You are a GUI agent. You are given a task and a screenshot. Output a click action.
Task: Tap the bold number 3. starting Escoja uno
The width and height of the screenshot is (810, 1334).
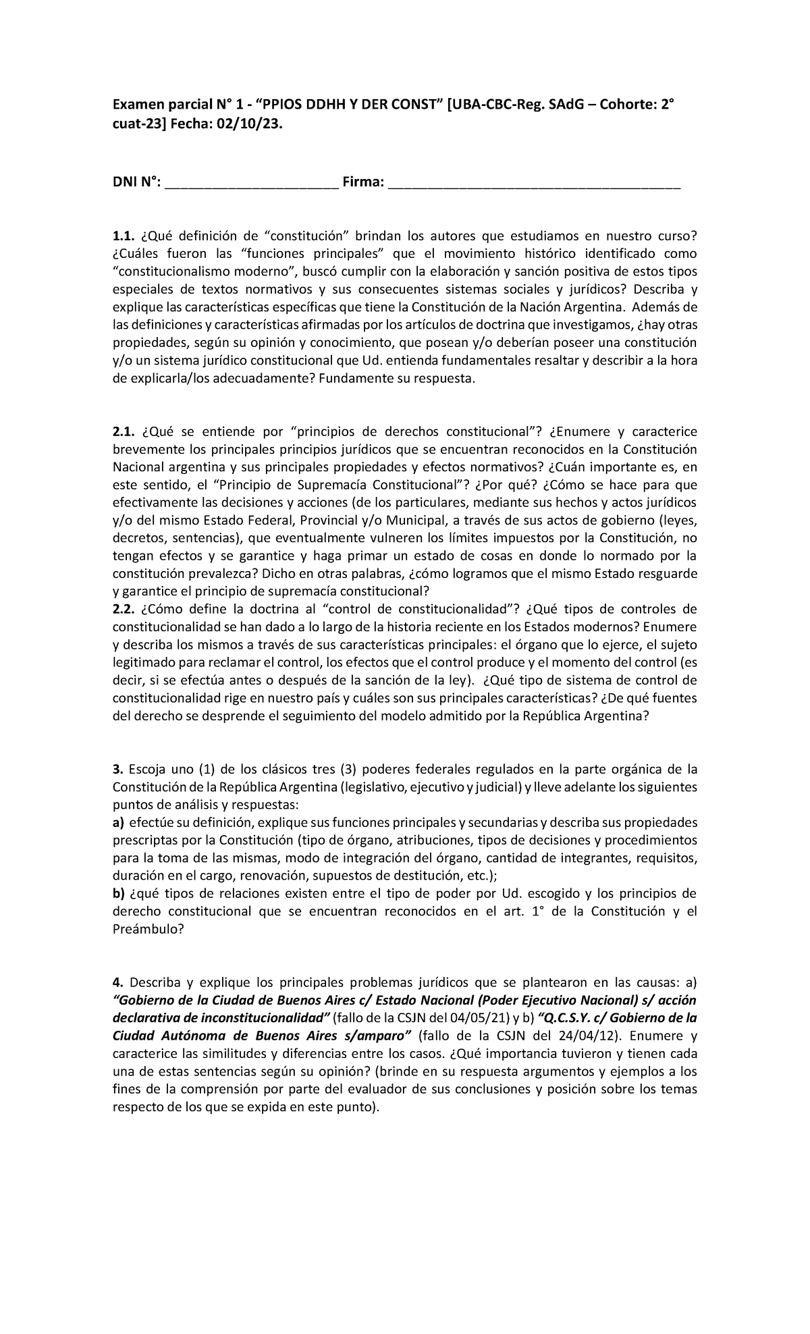[116, 770]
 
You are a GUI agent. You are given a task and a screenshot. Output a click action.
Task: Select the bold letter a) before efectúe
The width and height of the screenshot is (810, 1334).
[118, 823]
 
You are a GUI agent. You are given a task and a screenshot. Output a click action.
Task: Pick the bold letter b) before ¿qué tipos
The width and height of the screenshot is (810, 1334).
[119, 894]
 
